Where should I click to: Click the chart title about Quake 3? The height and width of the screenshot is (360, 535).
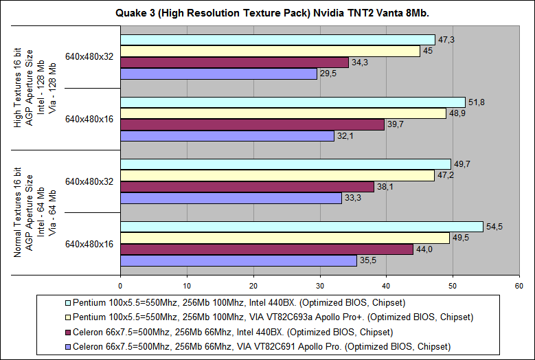(x=268, y=12)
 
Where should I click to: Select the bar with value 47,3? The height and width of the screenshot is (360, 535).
(x=277, y=39)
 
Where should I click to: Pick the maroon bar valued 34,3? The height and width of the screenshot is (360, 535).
(x=234, y=63)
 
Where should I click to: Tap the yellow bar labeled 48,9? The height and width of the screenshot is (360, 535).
(x=283, y=113)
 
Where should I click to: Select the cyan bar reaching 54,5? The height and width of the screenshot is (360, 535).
(x=301, y=227)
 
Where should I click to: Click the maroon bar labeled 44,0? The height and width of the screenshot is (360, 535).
(x=266, y=249)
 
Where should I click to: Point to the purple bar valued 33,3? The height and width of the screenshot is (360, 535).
(x=231, y=198)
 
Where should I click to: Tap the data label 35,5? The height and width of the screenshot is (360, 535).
(x=368, y=260)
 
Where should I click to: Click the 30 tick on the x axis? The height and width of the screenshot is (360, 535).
(x=320, y=286)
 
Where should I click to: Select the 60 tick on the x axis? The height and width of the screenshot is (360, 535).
(x=519, y=286)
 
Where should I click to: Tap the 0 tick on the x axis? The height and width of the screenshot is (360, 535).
(x=120, y=286)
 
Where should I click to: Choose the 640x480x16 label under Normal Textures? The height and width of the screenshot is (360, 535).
(x=89, y=243)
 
